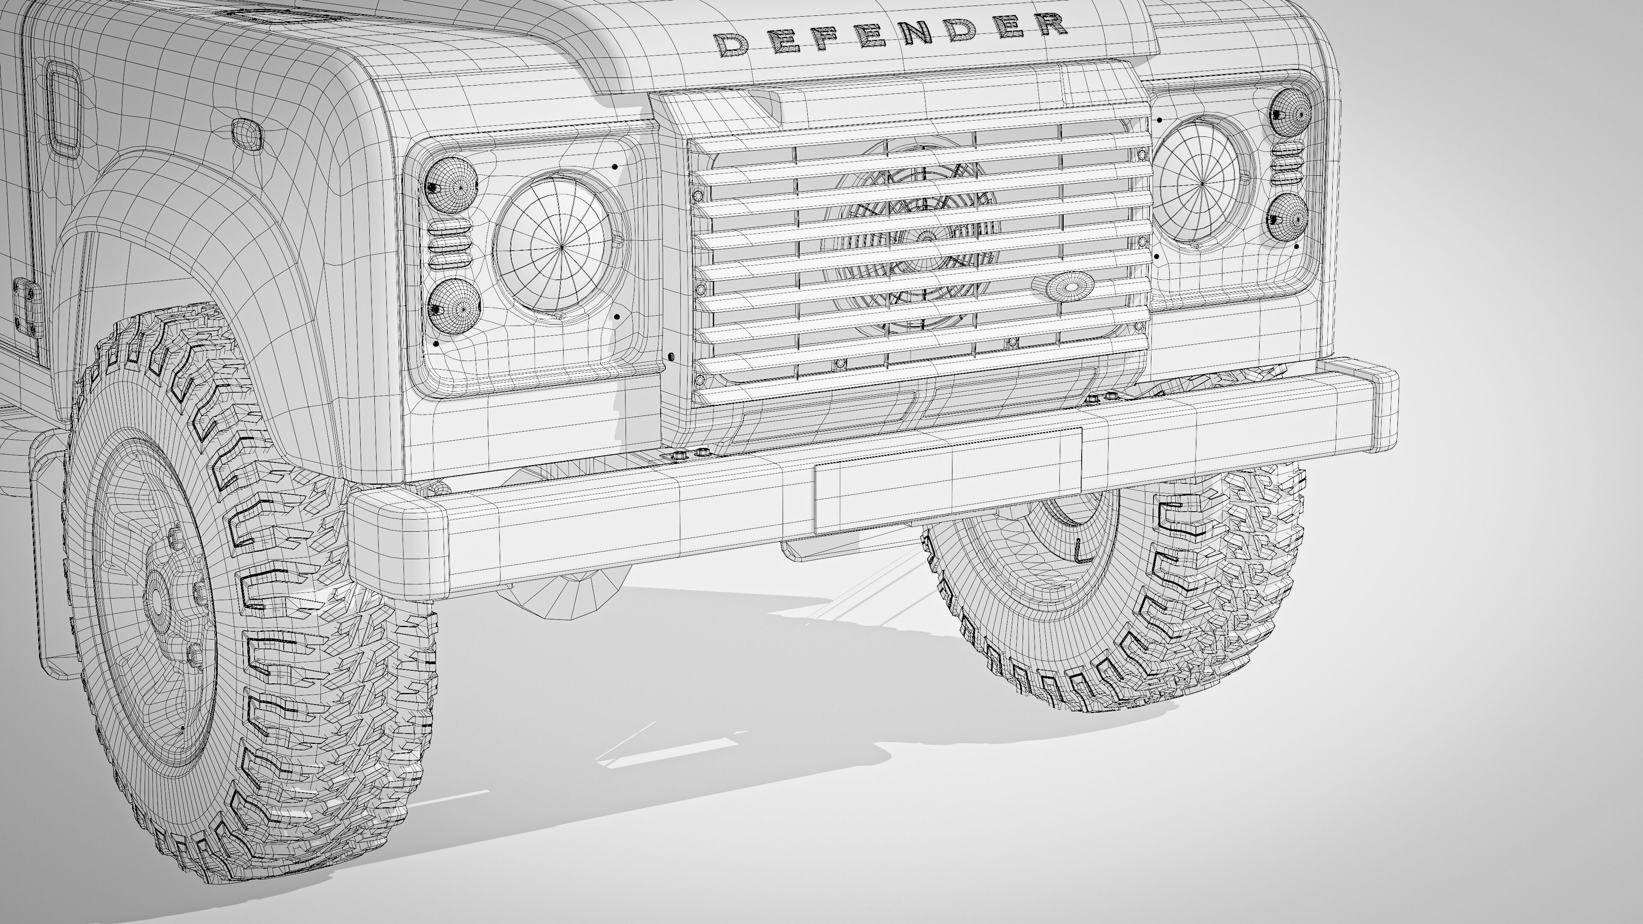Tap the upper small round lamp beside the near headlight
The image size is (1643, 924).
point(451,184)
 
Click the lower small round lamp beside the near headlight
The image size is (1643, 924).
point(454,306)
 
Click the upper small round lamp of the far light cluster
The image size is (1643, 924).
point(1290,112)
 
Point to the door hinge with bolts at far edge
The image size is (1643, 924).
point(27,308)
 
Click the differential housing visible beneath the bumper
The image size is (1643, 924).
point(561,590)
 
